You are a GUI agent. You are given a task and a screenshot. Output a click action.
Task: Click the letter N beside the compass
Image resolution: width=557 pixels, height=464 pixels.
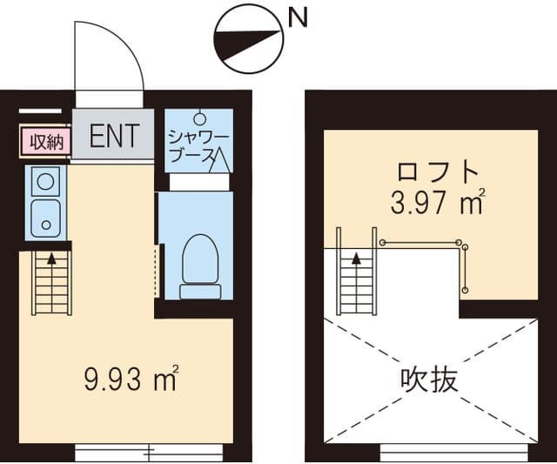tap(296, 17)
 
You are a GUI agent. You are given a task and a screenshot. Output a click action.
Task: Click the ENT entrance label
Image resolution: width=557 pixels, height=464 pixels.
tap(114, 136)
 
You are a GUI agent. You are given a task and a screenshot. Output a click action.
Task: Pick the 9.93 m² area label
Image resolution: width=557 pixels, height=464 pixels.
tap(131, 379)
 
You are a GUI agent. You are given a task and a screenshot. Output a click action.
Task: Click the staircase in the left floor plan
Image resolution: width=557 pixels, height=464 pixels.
tap(51, 282)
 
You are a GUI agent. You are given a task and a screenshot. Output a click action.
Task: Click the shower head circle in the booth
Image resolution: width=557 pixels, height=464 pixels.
tap(199, 118)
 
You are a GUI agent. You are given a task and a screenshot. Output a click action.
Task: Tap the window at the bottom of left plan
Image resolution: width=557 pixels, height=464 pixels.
tap(149, 452)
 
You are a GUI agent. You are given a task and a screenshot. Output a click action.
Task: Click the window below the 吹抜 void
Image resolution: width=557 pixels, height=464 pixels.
tap(453, 452)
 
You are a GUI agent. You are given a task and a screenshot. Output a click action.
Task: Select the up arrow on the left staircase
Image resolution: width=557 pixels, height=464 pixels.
tap(51, 259)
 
